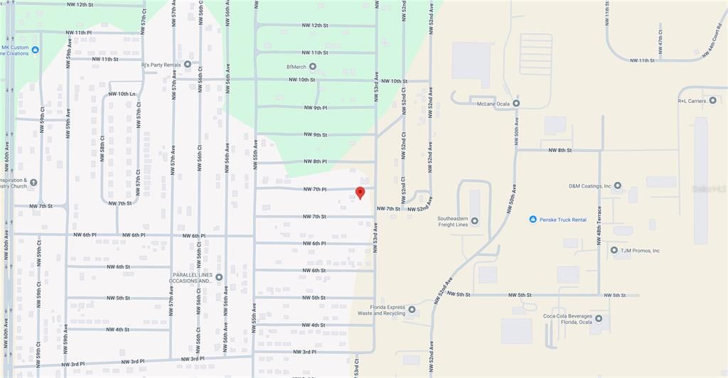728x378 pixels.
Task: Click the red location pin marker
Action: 360,193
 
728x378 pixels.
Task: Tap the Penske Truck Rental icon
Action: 532,220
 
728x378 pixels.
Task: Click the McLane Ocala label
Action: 494,103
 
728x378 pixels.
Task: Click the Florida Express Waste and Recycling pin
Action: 412,310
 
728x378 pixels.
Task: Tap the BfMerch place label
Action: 296,67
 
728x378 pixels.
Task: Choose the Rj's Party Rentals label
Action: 161,65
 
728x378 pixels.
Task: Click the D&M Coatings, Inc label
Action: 589,186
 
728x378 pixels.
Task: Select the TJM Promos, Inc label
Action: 641,250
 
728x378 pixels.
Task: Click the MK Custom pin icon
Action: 36,49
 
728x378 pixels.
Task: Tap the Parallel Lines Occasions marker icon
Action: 219,277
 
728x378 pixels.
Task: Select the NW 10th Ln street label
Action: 122,94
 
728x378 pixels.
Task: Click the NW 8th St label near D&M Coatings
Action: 560,151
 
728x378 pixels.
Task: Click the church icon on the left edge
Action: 33,183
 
